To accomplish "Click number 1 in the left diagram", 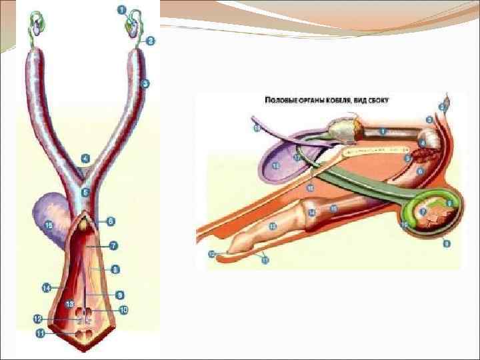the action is tap(123, 9).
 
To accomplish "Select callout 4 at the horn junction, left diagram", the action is tap(85, 159).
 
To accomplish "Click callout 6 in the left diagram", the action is tap(111, 221).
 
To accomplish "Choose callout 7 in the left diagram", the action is tap(113, 246).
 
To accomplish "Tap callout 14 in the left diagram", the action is tap(46, 288).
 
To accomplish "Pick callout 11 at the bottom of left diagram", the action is tap(39, 333).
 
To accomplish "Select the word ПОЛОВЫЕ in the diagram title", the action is tap(280, 100).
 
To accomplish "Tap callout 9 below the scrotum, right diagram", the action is tap(447, 243).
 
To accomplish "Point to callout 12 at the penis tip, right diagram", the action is tap(211, 254).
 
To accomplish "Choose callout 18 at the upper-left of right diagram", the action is tap(257, 126).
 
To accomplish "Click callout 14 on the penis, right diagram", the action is tap(311, 213).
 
